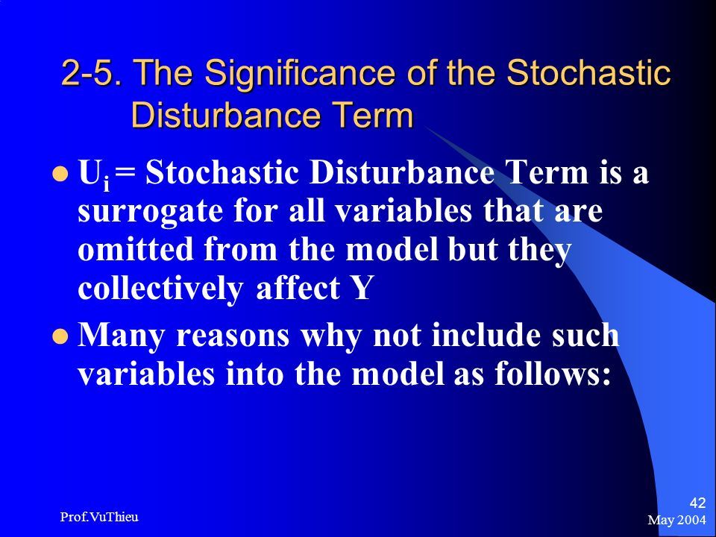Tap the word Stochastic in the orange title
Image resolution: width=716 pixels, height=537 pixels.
(588, 72)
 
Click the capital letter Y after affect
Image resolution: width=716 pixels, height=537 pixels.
(362, 288)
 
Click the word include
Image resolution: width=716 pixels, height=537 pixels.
(486, 335)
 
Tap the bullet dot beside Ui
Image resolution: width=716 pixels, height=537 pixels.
(60, 174)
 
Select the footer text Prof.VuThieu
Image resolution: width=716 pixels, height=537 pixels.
(99, 517)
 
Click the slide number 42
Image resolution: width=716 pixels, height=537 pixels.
(697, 503)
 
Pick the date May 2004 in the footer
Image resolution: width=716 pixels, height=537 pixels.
(676, 520)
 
